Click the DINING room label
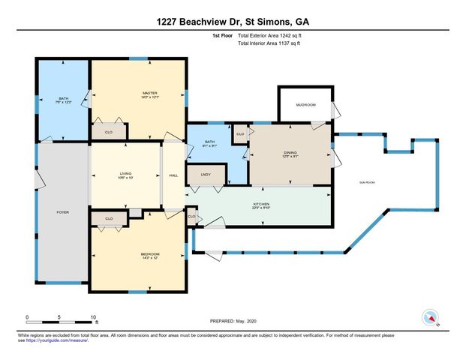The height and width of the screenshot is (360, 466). point(290,154)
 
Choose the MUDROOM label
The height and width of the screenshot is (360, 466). point(305,104)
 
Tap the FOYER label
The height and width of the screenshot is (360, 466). point(63,212)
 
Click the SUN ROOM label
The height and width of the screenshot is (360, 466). point(367,182)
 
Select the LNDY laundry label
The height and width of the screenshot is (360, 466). point(206,175)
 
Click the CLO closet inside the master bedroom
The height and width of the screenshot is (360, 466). point(108,130)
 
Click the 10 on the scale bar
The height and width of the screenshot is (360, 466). point(93,316)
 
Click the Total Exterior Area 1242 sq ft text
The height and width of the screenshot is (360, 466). point(274,35)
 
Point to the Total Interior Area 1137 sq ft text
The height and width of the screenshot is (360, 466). point(274,44)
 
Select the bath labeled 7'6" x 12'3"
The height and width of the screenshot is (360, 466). point(64,100)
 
